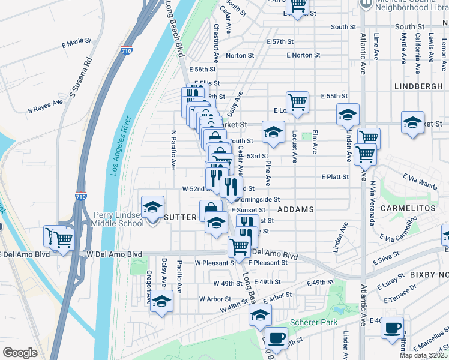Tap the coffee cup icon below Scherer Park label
coord(276,338)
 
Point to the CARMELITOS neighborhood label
coord(411,208)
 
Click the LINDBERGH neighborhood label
coord(418,86)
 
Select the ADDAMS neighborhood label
coord(296,209)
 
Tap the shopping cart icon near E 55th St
coord(297,102)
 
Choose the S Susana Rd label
coord(81,77)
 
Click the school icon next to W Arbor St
coord(161,301)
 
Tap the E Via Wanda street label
coord(420,178)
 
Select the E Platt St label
coord(335,177)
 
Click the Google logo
coord(20,352)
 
